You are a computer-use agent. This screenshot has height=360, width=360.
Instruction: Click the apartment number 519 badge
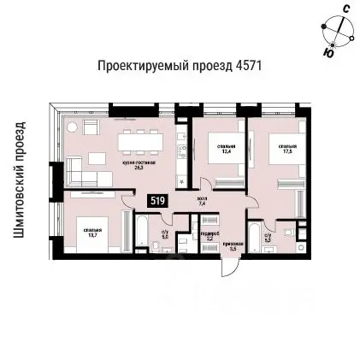point(157,200)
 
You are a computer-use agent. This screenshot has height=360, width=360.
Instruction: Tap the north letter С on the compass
point(345,9)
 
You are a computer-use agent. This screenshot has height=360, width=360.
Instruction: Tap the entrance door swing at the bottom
point(230,265)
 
